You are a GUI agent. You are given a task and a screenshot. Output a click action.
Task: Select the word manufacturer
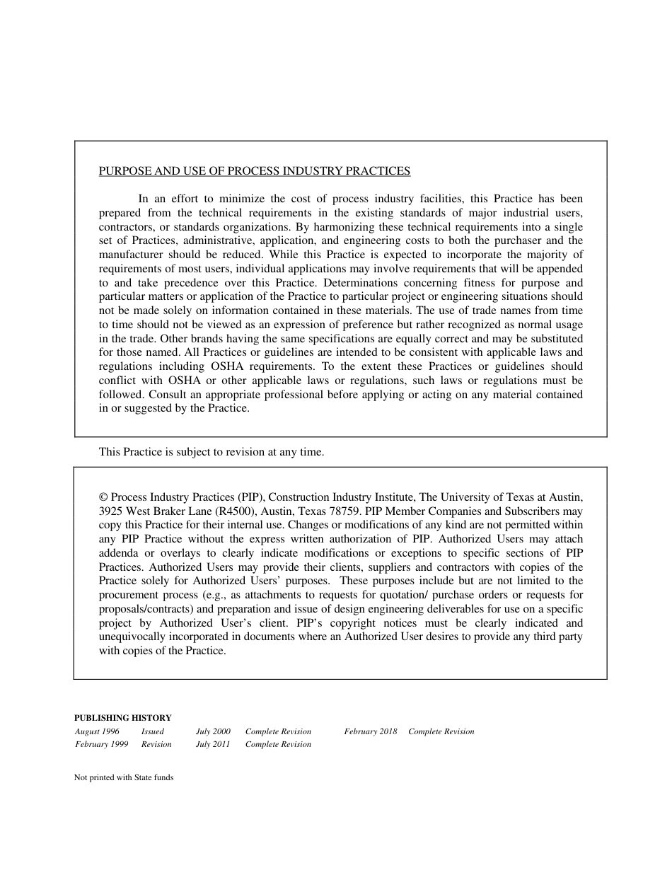130,255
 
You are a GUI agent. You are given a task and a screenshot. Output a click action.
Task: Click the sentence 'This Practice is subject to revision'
212,452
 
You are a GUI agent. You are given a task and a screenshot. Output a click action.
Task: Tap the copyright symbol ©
103,497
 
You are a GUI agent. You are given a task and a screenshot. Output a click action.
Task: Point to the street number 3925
111,511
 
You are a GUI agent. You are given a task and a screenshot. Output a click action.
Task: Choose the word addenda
119,553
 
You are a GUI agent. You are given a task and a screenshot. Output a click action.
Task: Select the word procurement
128,595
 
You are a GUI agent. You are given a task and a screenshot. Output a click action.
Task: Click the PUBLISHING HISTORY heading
122,718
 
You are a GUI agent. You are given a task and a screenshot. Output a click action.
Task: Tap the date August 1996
97,731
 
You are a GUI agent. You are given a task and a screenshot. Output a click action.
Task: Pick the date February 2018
371,731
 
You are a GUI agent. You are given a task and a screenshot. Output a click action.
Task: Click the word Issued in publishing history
153,731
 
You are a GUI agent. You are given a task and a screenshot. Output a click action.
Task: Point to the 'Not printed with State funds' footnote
124,777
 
